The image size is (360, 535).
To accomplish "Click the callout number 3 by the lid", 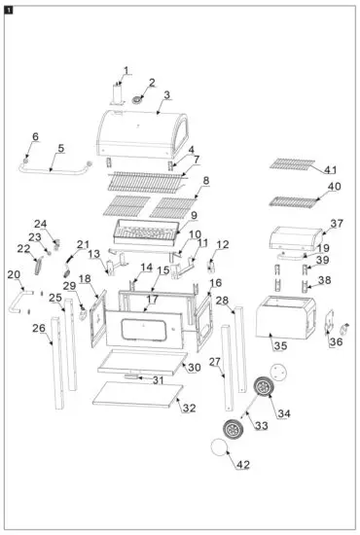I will (x=166, y=94).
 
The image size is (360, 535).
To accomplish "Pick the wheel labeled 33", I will (x=233, y=428).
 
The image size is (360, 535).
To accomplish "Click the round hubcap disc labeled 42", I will (x=221, y=451).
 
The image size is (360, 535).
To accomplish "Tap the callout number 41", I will (x=334, y=168).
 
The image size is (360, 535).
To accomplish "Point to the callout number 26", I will (x=38, y=328).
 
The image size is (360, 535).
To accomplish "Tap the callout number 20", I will (x=14, y=275).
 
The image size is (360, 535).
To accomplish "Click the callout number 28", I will (x=222, y=300).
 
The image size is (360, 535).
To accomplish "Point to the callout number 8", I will (x=205, y=181).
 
